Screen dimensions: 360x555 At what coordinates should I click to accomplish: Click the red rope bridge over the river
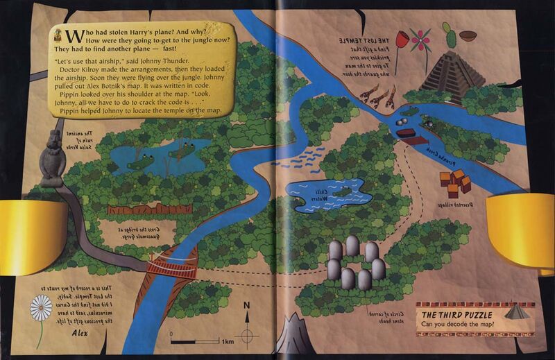[172, 267]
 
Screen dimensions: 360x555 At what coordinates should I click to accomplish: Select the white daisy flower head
[41, 309]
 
